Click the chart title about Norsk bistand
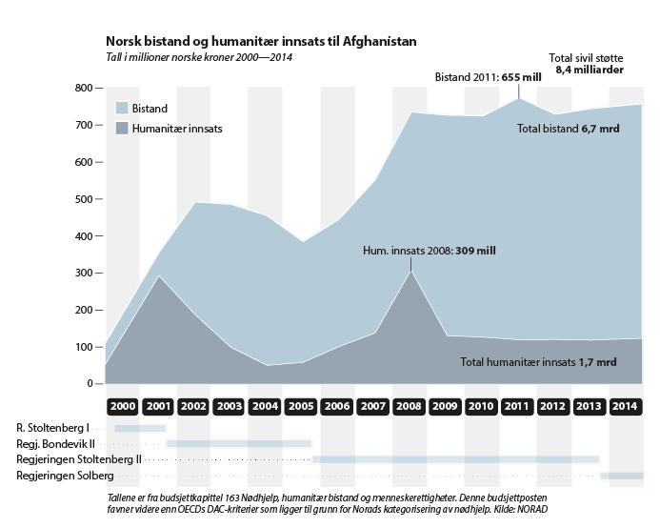pyautogui.click(x=260, y=42)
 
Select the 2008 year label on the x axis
pyautogui.click(x=410, y=406)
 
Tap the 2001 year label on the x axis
pyautogui.click(x=158, y=406)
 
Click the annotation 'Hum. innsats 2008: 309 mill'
pyautogui.click(x=430, y=252)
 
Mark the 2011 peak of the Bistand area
pyautogui.click(x=519, y=98)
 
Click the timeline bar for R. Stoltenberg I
pyautogui.click(x=139, y=428)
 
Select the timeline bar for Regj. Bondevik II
pyautogui.click(x=239, y=443)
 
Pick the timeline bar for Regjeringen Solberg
pyautogui.click(x=622, y=475)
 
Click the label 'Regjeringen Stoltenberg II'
pyautogui.click(x=79, y=459)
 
